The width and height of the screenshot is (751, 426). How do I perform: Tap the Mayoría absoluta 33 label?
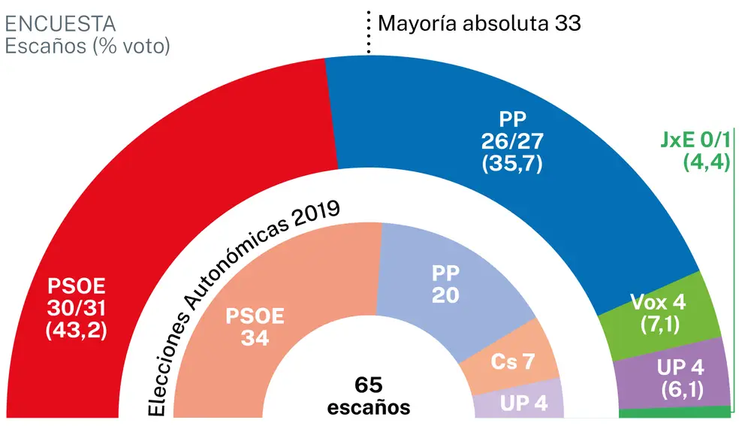479,23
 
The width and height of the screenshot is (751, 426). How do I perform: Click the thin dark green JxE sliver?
676,412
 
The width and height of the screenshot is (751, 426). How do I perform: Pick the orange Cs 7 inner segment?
512,361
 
